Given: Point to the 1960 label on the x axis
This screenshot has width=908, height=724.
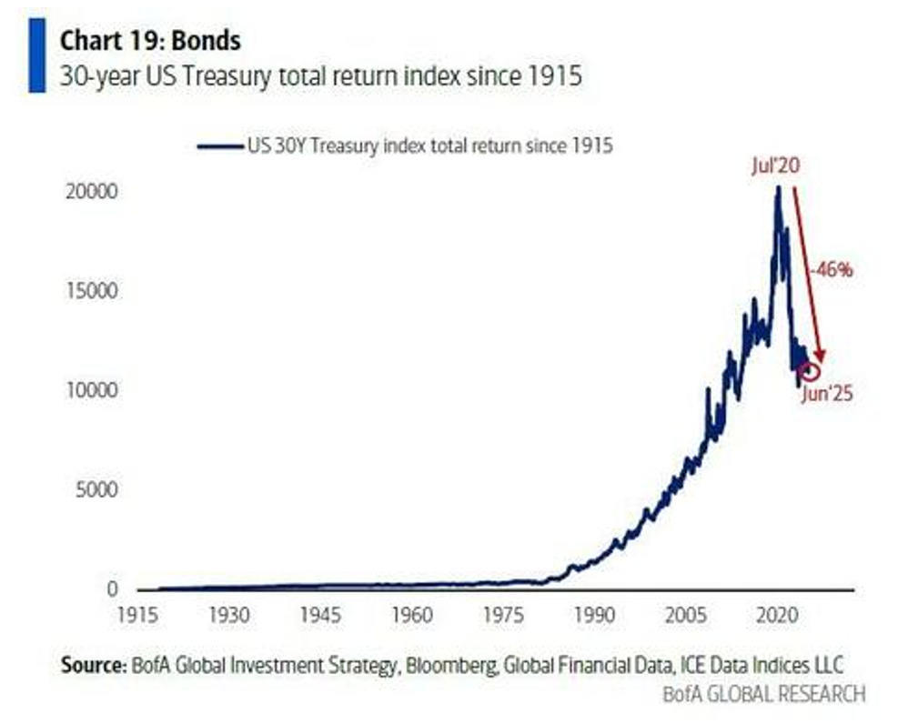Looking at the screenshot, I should (x=413, y=616).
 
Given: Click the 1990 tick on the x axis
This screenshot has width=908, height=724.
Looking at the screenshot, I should (x=595, y=616).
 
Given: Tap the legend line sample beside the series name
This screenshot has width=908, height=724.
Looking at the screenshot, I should (x=219, y=145).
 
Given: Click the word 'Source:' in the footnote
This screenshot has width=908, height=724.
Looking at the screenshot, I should (x=92, y=665).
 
